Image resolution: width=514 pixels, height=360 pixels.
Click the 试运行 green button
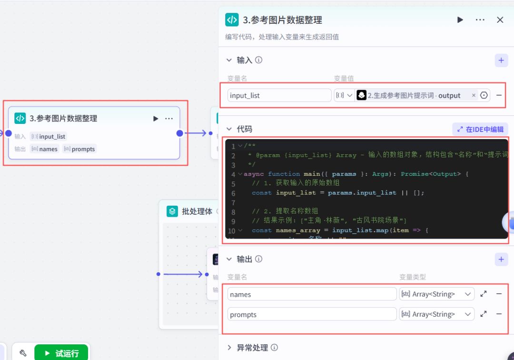click(x=61, y=353)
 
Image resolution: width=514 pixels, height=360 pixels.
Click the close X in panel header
click(x=500, y=20)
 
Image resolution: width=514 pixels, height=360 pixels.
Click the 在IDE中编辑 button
click(x=480, y=129)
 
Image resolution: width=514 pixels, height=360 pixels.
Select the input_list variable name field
click(x=279, y=95)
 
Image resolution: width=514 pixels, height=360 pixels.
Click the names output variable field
click(x=312, y=294)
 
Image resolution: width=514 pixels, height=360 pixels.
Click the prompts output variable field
click(x=312, y=314)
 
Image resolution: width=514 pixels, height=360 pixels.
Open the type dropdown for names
click(x=436, y=294)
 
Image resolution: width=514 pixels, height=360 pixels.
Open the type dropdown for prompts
click(x=436, y=314)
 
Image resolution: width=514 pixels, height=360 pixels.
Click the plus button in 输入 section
click(x=501, y=60)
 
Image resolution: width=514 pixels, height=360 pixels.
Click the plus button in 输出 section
click(x=501, y=259)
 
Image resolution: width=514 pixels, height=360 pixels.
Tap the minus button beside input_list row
click(x=499, y=95)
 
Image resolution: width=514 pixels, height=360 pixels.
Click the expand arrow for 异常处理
click(x=229, y=348)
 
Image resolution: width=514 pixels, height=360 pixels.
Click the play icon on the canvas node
click(x=156, y=119)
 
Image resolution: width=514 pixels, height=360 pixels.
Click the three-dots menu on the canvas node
click(x=169, y=119)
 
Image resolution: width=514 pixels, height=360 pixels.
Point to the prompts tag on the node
click(x=79, y=149)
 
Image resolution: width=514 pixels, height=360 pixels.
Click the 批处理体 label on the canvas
click(x=197, y=211)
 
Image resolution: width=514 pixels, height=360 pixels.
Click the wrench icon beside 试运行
click(x=23, y=353)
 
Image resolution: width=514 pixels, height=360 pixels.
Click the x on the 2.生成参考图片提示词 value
click(x=474, y=95)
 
